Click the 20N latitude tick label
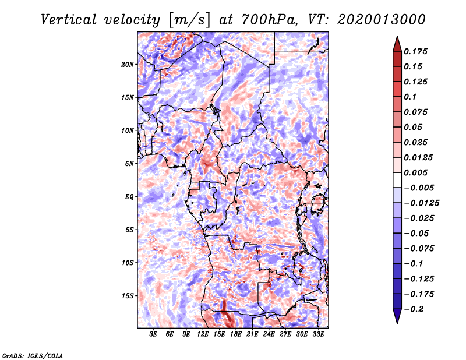point(128,64)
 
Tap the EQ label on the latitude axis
point(129,197)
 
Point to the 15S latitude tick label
point(128,296)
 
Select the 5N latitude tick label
point(129,164)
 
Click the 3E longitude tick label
point(153,334)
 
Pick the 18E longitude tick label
point(236,334)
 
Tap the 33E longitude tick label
point(318,334)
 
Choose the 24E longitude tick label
point(269,334)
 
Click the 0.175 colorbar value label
point(416,51)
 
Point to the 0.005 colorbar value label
point(416,172)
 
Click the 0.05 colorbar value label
point(414,127)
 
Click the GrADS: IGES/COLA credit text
point(32,355)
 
